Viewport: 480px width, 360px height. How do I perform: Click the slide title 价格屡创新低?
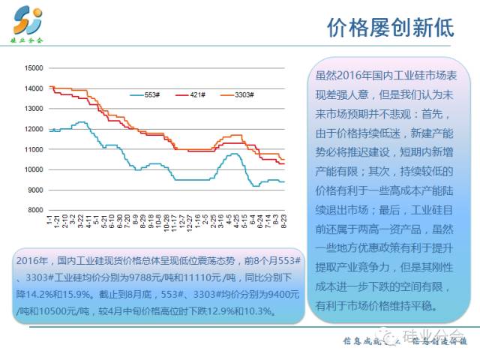click(391, 28)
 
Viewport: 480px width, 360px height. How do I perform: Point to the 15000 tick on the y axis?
click(33, 68)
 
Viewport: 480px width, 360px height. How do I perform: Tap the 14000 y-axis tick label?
click(33, 88)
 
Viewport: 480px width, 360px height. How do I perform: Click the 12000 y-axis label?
click(33, 129)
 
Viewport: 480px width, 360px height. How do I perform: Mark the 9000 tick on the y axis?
click(34, 190)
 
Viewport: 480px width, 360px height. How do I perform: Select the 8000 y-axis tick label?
click(34, 210)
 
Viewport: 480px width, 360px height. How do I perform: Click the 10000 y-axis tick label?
click(33, 169)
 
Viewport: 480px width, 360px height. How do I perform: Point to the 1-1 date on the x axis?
click(49, 221)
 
